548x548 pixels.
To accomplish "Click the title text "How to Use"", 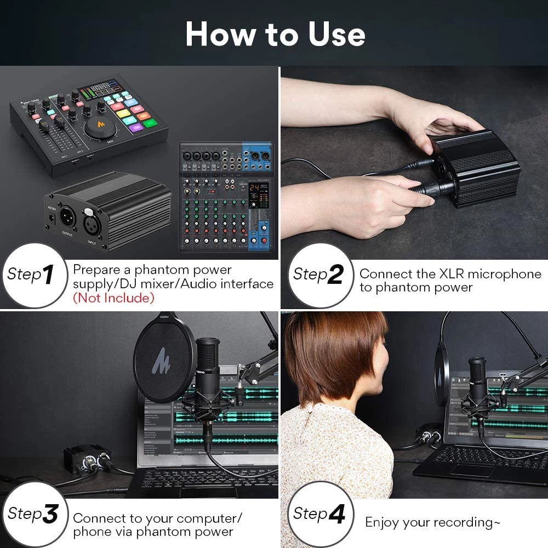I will coord(275,34).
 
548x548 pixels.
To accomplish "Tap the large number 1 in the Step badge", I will coord(48,275).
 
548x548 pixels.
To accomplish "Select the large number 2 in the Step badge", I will coord(334,275).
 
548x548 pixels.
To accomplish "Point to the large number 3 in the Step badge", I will coord(49,514).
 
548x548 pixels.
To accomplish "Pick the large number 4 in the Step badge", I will coord(336,514).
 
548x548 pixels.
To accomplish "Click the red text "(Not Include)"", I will coord(113,298).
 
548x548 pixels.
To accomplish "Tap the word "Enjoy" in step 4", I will coord(382,522).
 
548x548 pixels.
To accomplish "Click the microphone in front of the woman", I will coord(477,378).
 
